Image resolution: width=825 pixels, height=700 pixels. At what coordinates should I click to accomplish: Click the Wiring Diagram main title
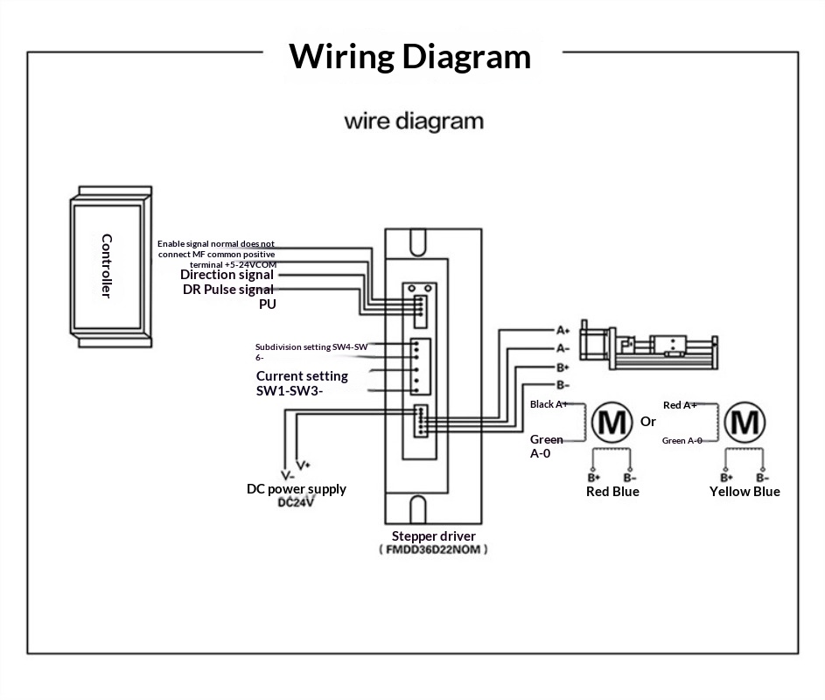pyautogui.click(x=409, y=57)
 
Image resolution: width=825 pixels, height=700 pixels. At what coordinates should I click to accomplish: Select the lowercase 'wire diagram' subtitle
pyautogui.click(x=414, y=122)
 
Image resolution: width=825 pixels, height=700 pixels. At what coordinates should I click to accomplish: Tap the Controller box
pyautogui.click(x=111, y=266)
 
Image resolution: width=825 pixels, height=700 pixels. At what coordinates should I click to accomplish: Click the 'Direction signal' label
pyautogui.click(x=227, y=275)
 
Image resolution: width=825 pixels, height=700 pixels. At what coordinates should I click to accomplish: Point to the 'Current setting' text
pyautogui.click(x=302, y=375)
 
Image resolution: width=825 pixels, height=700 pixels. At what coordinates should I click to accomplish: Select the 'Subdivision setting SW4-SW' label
pyautogui.click(x=311, y=346)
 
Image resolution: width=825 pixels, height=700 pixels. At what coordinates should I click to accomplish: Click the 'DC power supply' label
pyautogui.click(x=297, y=489)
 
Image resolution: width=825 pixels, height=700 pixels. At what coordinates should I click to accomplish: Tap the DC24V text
pyautogui.click(x=296, y=502)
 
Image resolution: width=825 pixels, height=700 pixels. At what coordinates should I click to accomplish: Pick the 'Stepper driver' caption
pyautogui.click(x=434, y=536)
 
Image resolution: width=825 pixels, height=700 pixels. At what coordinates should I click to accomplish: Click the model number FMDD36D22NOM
pyautogui.click(x=433, y=549)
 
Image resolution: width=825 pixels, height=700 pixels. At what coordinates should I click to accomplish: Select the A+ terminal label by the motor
pyautogui.click(x=563, y=331)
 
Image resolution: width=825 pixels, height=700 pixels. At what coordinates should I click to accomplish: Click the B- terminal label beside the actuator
pyautogui.click(x=563, y=385)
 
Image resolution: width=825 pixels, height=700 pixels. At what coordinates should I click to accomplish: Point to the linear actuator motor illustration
pyautogui.click(x=649, y=345)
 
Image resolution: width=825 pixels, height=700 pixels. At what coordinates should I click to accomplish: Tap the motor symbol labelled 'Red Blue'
pyautogui.click(x=612, y=422)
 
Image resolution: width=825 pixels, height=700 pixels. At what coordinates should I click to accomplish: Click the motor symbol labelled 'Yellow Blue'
pyautogui.click(x=745, y=422)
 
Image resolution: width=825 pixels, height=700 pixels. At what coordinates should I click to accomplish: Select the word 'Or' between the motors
pyautogui.click(x=648, y=422)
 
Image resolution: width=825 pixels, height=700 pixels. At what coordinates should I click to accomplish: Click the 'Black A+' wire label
pyautogui.click(x=549, y=404)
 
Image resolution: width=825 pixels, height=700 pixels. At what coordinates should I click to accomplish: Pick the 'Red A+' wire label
pyautogui.click(x=680, y=405)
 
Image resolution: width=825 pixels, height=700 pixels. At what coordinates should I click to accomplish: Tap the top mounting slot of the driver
pyautogui.click(x=418, y=242)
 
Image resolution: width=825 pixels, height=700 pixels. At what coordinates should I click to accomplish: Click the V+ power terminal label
pyautogui.click(x=304, y=465)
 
